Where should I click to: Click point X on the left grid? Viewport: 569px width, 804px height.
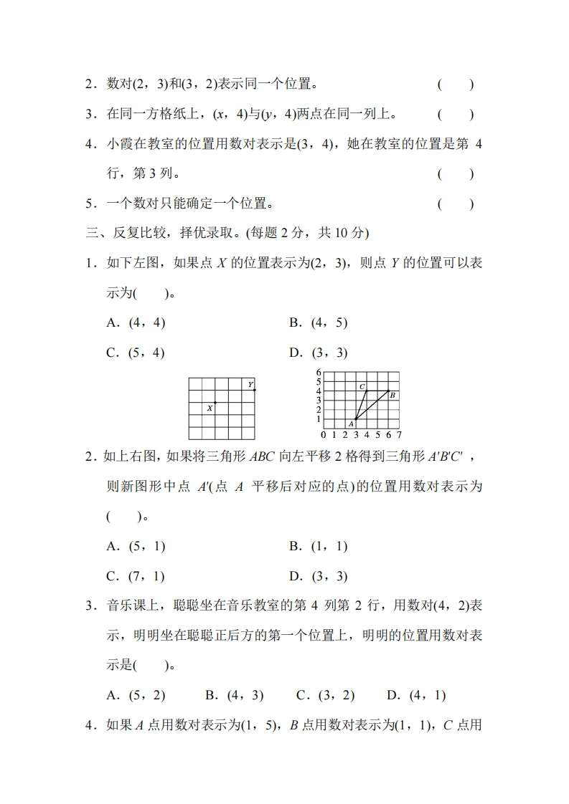[x=215, y=403]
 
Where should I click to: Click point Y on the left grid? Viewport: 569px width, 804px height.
[x=255, y=391]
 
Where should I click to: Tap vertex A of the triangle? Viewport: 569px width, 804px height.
[x=355, y=418]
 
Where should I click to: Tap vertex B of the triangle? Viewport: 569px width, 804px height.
[x=388, y=391]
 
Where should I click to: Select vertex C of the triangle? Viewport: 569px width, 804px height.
[x=366, y=391]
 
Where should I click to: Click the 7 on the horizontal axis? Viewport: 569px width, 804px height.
[x=399, y=434]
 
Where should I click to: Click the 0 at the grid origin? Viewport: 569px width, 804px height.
[x=323, y=434]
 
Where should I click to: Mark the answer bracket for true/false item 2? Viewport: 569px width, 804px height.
[x=456, y=85]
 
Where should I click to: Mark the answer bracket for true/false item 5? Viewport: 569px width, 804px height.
[x=456, y=204]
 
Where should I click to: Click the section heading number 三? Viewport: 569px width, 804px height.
[x=91, y=233]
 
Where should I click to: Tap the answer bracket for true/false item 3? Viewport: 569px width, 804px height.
[x=456, y=114]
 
